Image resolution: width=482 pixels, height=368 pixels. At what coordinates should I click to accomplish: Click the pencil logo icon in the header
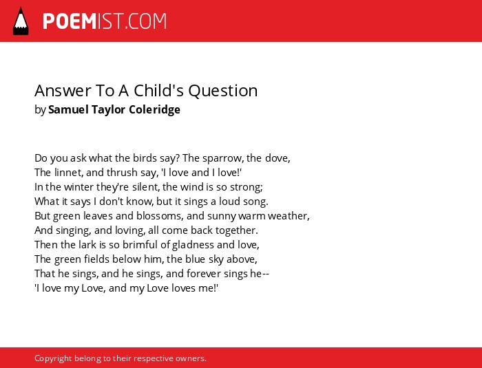pyautogui.click(x=21, y=21)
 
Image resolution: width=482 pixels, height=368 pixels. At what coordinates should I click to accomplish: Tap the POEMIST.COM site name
pyautogui.click(x=105, y=21)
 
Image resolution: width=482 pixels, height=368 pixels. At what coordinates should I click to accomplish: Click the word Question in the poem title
pyautogui.click(x=223, y=91)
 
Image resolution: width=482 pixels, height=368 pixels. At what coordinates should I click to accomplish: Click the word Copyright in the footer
pyautogui.click(x=53, y=359)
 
